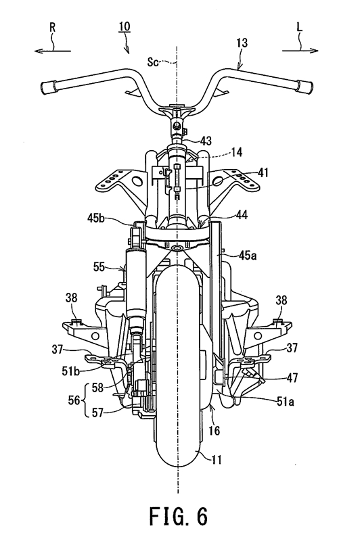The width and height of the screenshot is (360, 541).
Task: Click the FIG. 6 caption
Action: point(178,516)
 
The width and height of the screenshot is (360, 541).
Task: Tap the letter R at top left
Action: point(52,28)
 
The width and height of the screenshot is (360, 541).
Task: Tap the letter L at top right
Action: point(299,27)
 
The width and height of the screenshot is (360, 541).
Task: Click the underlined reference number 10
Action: point(125,26)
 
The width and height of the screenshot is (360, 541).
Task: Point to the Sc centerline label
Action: point(153,62)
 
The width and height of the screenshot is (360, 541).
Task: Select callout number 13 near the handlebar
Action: point(242,43)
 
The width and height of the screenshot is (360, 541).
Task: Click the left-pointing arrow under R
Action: point(53,51)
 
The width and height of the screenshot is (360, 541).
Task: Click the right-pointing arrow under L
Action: point(300,51)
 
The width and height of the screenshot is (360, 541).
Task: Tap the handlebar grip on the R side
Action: point(49,87)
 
